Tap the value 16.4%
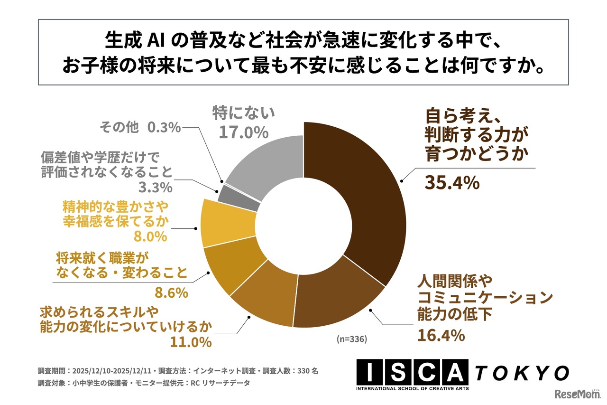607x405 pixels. click(x=441, y=336)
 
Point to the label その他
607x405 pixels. click(x=119, y=127)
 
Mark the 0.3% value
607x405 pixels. click(x=164, y=127)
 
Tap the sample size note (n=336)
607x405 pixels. click(x=352, y=339)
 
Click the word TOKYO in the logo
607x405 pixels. click(x=522, y=373)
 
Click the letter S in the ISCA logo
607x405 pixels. click(x=400, y=373)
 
